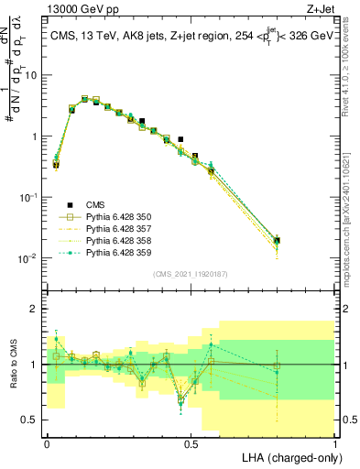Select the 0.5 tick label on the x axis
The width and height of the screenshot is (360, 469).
click(191, 442)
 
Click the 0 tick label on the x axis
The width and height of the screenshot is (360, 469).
click(47, 442)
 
